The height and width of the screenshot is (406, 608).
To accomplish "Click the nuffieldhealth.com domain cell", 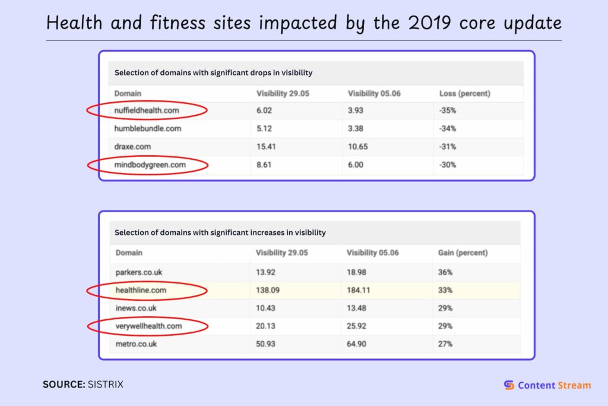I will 147,111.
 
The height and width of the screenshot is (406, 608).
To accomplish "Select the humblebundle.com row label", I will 148,128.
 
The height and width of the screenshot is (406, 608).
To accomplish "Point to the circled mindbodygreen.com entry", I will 148,165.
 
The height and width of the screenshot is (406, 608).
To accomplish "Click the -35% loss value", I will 448,111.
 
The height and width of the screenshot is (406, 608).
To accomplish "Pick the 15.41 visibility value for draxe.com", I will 267,146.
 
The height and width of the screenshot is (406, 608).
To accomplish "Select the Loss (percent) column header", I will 464,93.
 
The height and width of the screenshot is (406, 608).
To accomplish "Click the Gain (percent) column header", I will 463,253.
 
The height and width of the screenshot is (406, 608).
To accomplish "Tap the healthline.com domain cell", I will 141,290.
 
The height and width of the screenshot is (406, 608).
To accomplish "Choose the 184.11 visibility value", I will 361,290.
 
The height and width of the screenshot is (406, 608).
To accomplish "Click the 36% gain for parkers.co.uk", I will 445,272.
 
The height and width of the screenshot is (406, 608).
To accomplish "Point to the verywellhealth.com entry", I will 148,326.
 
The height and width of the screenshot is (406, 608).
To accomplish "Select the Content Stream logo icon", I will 509,385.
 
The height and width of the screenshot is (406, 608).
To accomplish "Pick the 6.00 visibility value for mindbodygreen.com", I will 356,165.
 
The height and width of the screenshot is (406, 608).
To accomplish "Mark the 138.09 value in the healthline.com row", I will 268,290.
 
